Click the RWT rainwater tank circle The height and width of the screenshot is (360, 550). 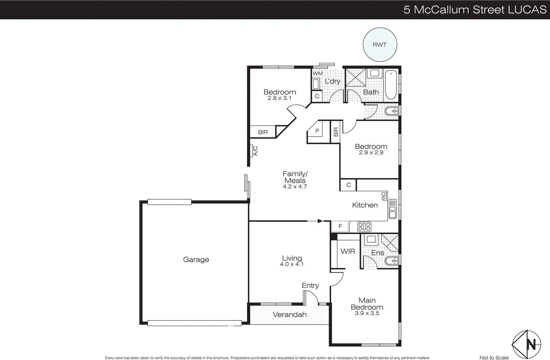pyautogui.click(x=380, y=45)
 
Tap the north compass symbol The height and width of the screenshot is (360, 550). pyautogui.click(x=527, y=344)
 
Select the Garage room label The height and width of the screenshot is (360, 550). pyautogui.click(x=196, y=260)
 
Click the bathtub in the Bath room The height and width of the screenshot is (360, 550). pyautogui.click(x=391, y=85)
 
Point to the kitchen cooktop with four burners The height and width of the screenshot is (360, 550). pyautogui.click(x=364, y=227)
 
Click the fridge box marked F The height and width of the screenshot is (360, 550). pyautogui.click(x=340, y=226)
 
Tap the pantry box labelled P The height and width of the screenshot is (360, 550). pyautogui.click(x=317, y=131)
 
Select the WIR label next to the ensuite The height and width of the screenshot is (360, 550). pyautogui.click(x=348, y=251)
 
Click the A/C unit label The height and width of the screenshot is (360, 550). pyautogui.click(x=255, y=151)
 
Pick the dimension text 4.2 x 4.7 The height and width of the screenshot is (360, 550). pyautogui.click(x=295, y=187)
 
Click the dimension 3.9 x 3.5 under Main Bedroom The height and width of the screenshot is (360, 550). pyautogui.click(x=367, y=313)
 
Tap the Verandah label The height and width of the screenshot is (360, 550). pyautogui.click(x=289, y=315)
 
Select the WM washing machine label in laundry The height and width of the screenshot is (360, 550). pyautogui.click(x=318, y=74)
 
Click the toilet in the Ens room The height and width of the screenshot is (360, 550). pyautogui.click(x=392, y=261)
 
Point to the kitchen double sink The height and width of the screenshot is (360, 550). pyautogui.click(x=392, y=209)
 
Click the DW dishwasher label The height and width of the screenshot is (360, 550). pyautogui.click(x=384, y=197)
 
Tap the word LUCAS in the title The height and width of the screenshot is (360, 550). pyautogui.click(x=527, y=10)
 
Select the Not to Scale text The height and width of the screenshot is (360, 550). pyautogui.click(x=494, y=358)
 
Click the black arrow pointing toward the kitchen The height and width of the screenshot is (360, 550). pyautogui.click(x=320, y=221)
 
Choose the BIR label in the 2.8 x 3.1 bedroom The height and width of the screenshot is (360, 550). pyautogui.click(x=263, y=132)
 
